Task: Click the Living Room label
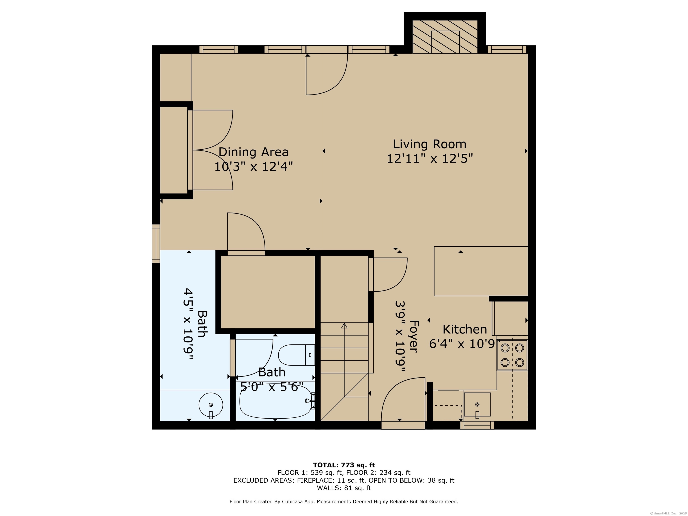pyautogui.click(x=430, y=144)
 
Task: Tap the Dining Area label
pyautogui.click(x=254, y=152)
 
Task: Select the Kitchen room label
pyautogui.click(x=465, y=329)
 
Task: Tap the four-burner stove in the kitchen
pyautogui.click(x=512, y=355)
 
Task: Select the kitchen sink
pyautogui.click(x=477, y=405)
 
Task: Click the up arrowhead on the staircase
pyautogui.click(x=344, y=326)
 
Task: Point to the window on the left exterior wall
pyautogui.click(x=156, y=243)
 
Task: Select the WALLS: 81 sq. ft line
pyautogui.click(x=344, y=488)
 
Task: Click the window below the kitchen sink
pyautogui.click(x=477, y=425)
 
